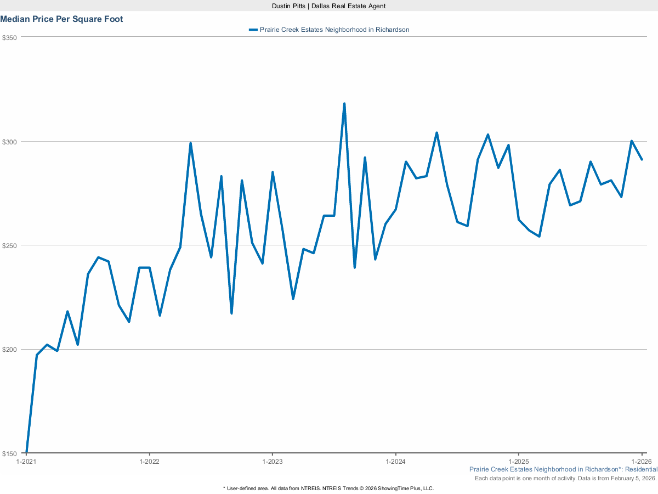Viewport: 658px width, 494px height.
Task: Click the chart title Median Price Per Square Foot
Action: click(x=61, y=19)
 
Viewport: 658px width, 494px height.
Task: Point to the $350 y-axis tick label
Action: click(x=10, y=37)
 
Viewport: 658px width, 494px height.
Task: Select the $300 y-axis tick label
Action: click(x=10, y=142)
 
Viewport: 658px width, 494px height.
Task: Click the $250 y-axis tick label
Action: click(x=10, y=245)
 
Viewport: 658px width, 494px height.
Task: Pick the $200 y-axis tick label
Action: click(x=10, y=350)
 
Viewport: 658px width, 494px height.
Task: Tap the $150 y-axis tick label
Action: click(x=10, y=453)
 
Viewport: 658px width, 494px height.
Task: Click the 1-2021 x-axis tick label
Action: click(x=26, y=462)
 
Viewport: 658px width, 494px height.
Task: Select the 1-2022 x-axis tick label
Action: click(x=149, y=462)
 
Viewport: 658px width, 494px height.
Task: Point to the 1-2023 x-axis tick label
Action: click(x=273, y=462)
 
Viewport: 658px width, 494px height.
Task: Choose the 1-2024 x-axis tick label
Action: click(x=396, y=462)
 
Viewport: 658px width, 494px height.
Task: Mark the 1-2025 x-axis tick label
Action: click(x=519, y=462)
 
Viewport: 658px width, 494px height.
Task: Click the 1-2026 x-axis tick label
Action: click(x=642, y=462)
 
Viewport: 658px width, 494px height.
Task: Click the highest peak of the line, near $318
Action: click(x=344, y=103)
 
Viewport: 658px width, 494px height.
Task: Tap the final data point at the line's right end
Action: click(x=642, y=160)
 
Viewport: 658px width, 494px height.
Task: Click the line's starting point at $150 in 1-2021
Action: click(x=26, y=452)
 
